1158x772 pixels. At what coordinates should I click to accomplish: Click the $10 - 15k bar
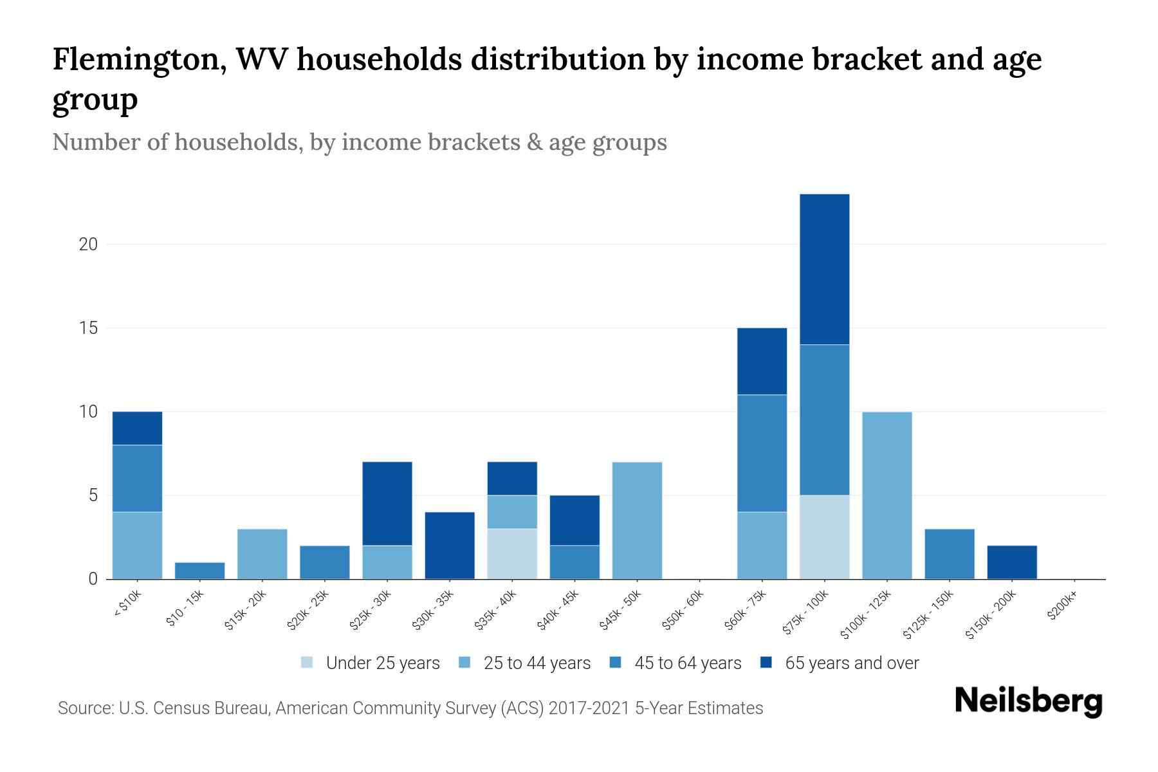coord(199,571)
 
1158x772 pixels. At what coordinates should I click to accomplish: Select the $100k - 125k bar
coord(887,495)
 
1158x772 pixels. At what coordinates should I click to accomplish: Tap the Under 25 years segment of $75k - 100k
coord(824,537)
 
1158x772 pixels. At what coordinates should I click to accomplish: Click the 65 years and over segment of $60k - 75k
coord(762,361)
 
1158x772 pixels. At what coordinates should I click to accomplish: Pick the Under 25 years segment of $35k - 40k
coord(512,554)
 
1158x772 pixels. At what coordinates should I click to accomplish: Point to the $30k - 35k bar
coord(450,546)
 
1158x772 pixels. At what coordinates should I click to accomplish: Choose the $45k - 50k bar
coord(637,520)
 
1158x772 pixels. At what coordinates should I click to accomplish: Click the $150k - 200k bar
coord(1012,562)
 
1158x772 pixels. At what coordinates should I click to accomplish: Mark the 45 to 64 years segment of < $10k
coord(137,479)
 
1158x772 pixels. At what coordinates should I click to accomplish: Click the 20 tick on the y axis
coord(88,244)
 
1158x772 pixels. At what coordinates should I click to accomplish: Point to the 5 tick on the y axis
coord(93,495)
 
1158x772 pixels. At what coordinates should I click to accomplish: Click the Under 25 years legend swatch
coord(307,663)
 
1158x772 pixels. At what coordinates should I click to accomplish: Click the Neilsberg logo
coord(1028,701)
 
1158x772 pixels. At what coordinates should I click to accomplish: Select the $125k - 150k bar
coord(949,554)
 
